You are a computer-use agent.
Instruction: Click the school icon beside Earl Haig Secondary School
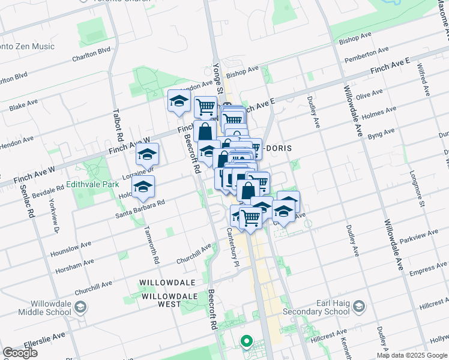point(358,307)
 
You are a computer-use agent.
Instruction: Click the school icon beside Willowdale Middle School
point(80,308)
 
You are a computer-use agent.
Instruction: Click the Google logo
point(20,353)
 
